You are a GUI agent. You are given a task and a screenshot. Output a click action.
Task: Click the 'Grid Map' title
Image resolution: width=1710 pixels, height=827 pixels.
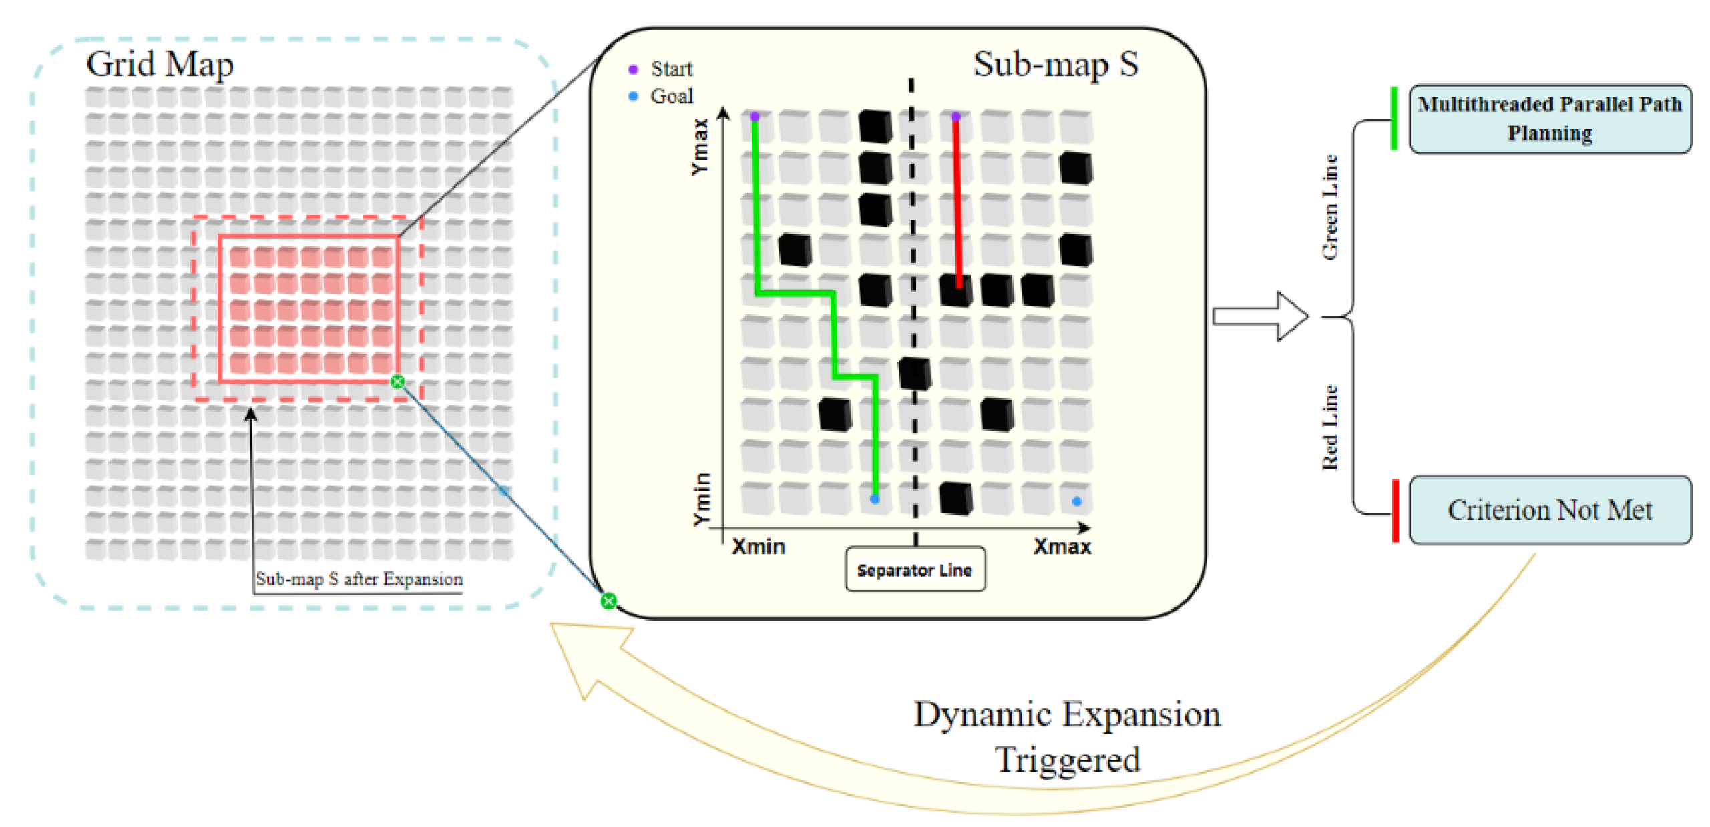coord(160,65)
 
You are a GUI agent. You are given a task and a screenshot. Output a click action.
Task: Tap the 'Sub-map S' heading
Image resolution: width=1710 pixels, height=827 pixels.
coord(1055,65)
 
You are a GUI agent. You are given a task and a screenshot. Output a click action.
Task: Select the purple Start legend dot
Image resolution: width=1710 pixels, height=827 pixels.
coord(633,69)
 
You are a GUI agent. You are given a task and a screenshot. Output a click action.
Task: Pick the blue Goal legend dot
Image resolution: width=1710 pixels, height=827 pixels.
coord(633,97)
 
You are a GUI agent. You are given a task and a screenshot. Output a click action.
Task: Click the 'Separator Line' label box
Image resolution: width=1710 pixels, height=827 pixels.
coord(914,569)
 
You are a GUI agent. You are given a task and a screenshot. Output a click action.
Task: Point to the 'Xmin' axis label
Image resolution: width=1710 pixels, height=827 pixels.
coord(758,547)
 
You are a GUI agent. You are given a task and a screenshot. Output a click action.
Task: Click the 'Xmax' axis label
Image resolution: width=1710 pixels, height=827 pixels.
coord(1062,547)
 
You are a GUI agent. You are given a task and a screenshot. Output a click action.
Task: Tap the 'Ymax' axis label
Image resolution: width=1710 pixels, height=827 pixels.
coord(699,147)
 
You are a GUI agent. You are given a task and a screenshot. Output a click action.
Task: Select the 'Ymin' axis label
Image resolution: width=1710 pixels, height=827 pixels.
coord(702,499)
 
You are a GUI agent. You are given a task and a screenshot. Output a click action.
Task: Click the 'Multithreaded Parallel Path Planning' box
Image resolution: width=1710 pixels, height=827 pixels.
coord(1549,119)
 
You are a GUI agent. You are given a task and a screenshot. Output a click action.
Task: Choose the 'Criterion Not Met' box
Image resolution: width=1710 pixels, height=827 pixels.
coord(1549,510)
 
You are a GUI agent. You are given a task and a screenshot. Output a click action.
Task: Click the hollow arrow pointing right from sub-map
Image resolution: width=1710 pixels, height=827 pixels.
coord(1259,316)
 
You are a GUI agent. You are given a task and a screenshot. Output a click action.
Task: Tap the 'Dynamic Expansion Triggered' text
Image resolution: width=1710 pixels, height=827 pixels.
coord(1066,736)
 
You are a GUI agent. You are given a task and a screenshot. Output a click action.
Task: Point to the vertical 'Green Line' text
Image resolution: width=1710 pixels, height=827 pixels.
coord(1329,207)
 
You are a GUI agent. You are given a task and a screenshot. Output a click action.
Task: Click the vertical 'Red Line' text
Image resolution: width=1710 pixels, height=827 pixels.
coord(1329,427)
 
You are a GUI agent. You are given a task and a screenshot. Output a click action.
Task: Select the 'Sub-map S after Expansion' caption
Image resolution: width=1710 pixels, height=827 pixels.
coord(359,579)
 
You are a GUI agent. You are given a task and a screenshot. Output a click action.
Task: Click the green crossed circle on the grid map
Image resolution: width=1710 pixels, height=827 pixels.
coord(397,382)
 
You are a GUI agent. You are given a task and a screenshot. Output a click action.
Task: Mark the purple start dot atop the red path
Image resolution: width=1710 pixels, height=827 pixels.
coord(955,117)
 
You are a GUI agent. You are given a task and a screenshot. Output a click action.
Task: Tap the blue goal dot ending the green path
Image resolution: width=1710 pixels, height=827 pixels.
coord(875,499)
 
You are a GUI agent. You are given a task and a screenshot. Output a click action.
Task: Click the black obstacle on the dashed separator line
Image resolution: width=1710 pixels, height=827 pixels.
coord(914,373)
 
